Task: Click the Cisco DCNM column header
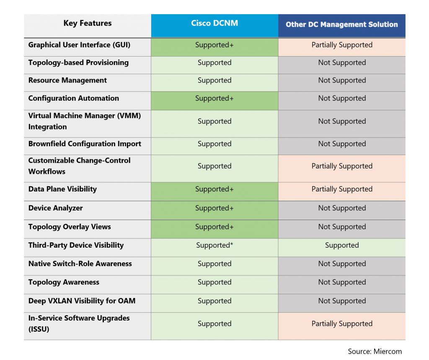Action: click(x=214, y=23)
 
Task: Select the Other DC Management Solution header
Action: click(x=342, y=24)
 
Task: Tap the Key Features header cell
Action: click(x=88, y=23)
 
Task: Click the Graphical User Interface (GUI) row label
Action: click(x=79, y=45)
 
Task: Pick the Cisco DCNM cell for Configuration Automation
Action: click(x=214, y=98)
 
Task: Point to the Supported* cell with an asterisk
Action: click(x=214, y=245)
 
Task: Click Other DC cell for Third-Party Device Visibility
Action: click(x=342, y=245)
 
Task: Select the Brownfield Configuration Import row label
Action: click(x=85, y=144)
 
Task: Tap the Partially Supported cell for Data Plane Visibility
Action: click(x=342, y=189)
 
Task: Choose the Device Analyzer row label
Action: click(x=55, y=208)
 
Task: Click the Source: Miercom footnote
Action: click(x=375, y=351)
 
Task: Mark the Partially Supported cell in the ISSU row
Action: click(x=342, y=324)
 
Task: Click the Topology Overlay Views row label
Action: click(x=70, y=227)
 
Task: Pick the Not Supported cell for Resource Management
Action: click(x=342, y=80)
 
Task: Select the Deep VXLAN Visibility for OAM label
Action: click(x=82, y=300)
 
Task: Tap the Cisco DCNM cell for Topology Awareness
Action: click(x=214, y=282)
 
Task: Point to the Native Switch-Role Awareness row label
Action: click(x=80, y=264)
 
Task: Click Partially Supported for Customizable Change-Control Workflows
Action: click(x=342, y=166)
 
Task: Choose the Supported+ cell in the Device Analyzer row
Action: click(x=214, y=208)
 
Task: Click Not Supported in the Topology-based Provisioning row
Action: click(x=342, y=63)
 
